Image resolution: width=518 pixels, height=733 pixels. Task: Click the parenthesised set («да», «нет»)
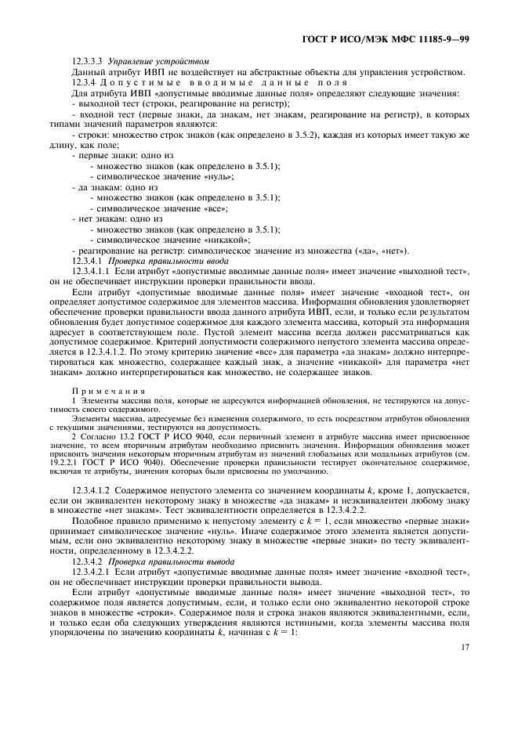(369, 250)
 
